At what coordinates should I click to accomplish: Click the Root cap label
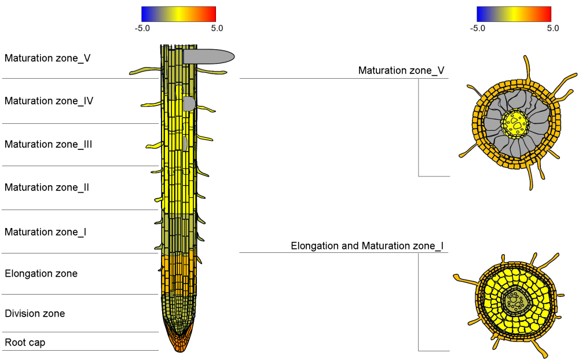click(x=25, y=343)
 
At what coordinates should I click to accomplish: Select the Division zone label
click(x=35, y=314)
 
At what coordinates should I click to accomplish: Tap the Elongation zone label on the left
click(x=41, y=273)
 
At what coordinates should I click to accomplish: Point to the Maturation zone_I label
click(x=46, y=232)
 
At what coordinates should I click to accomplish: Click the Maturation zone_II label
click(x=47, y=188)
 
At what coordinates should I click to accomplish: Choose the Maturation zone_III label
click(x=49, y=144)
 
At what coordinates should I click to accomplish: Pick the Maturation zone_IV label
click(x=49, y=101)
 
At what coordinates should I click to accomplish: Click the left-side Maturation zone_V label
click(x=47, y=58)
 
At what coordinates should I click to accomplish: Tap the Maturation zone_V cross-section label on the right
click(x=401, y=71)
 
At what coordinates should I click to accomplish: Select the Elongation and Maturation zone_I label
click(x=368, y=246)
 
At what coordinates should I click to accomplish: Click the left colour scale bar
click(x=178, y=14)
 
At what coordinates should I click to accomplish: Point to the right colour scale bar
click(x=514, y=14)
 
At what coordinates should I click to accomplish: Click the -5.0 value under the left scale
click(x=142, y=28)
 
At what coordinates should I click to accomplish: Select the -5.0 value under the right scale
click(x=478, y=28)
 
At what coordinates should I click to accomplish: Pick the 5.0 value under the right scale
click(x=553, y=28)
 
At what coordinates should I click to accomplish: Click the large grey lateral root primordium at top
click(x=208, y=56)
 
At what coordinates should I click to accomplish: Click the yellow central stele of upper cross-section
click(x=515, y=123)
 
